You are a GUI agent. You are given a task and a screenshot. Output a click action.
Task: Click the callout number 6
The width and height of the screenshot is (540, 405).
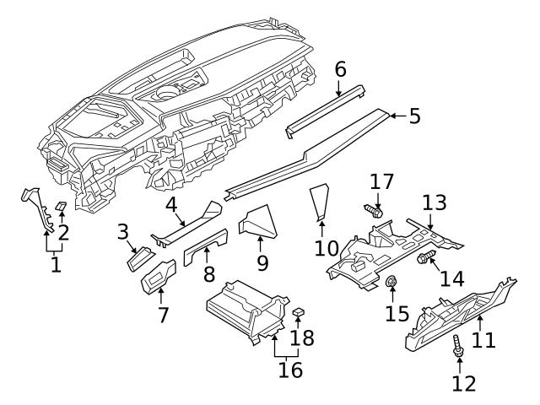(340, 68)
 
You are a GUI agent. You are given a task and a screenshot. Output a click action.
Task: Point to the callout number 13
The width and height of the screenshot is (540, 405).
(434, 202)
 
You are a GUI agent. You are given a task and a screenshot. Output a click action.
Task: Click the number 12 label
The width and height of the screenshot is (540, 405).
(464, 384)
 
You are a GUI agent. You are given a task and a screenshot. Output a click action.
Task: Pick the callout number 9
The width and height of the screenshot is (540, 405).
(262, 263)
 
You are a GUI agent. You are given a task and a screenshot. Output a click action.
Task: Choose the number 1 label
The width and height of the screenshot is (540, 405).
(56, 264)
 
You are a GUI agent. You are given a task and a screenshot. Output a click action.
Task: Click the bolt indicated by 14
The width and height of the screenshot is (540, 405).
(424, 256)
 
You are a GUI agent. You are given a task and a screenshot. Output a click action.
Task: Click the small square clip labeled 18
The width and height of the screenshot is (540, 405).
(299, 313)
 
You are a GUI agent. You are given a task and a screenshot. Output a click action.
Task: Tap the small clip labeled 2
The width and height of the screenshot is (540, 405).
(61, 206)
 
